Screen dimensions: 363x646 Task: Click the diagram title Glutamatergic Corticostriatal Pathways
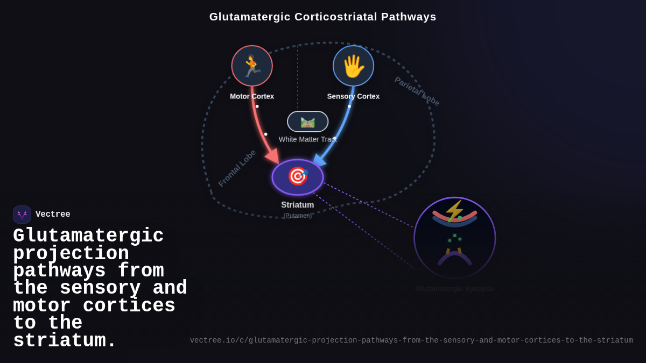[322, 17]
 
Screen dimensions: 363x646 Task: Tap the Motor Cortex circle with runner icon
[252, 66]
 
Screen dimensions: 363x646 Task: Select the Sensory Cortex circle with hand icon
[353, 66]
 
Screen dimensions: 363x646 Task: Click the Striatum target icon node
[298, 177]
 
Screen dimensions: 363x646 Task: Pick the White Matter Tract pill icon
[307, 122]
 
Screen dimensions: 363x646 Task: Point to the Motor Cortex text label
[252, 96]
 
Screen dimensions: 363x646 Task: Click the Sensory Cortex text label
[353, 96]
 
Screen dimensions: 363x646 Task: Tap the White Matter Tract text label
[307, 139]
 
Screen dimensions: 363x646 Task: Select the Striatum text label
[298, 205]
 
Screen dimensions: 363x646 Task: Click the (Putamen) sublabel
[298, 216]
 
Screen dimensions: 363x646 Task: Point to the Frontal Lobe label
[237, 168]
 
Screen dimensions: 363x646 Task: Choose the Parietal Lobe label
[417, 91]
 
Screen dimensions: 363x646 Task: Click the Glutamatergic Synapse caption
[454, 289]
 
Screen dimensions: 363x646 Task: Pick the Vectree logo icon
[22, 215]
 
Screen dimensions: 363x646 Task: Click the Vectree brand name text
[53, 215]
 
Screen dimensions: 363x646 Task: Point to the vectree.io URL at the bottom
[411, 340]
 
